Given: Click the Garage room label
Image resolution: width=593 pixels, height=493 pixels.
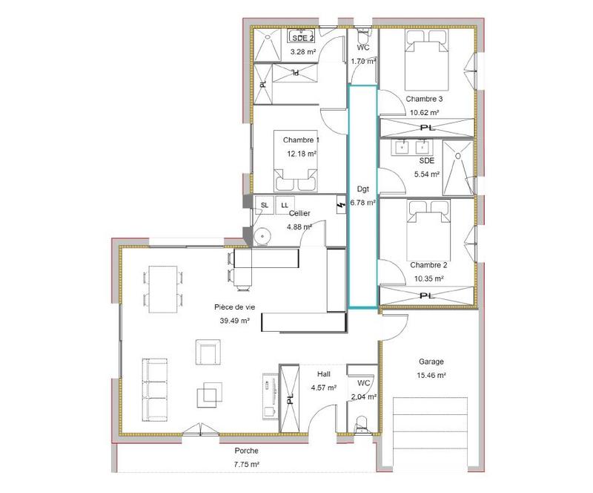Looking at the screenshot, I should [x=431, y=362].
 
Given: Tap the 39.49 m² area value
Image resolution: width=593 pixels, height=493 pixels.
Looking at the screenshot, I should [x=234, y=321].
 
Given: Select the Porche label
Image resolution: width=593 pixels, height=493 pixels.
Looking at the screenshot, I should [x=246, y=451].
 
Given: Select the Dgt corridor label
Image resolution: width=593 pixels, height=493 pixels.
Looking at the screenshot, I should [x=362, y=189].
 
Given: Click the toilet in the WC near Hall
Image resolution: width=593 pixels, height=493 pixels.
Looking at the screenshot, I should [x=361, y=424].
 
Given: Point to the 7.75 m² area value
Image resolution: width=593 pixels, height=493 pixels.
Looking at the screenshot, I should [x=246, y=465].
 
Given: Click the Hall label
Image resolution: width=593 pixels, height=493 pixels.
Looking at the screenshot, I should [x=323, y=374].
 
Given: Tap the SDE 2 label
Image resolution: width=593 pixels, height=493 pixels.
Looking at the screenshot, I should [x=302, y=38].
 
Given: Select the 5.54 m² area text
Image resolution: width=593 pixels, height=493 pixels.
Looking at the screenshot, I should [x=426, y=174].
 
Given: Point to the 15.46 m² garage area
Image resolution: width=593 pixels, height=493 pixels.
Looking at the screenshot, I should [x=431, y=376].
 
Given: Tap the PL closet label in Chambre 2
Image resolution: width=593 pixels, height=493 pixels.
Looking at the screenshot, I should [x=426, y=296].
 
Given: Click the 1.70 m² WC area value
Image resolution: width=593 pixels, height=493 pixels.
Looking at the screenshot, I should [x=362, y=62].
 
